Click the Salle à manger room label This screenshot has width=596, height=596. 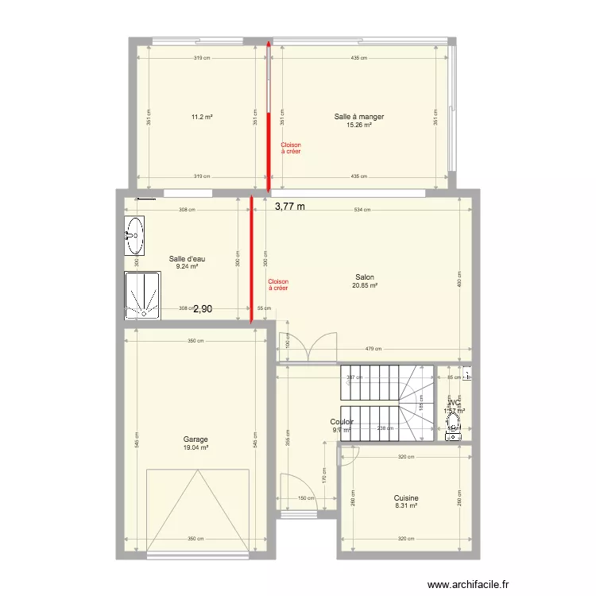[358, 117]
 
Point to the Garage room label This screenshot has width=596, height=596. [195, 439]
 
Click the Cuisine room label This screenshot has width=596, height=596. [406, 498]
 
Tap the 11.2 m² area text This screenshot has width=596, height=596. [202, 117]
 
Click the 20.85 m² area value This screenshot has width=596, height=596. [365, 285]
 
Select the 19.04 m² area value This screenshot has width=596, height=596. [195, 447]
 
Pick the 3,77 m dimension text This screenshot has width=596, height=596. [290, 207]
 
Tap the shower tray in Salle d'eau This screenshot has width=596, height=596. [141, 296]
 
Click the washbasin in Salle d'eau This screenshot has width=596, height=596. [134, 235]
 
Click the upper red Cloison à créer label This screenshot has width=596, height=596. [291, 148]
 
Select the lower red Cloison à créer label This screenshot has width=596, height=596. [278, 284]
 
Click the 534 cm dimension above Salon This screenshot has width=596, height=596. [362, 210]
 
